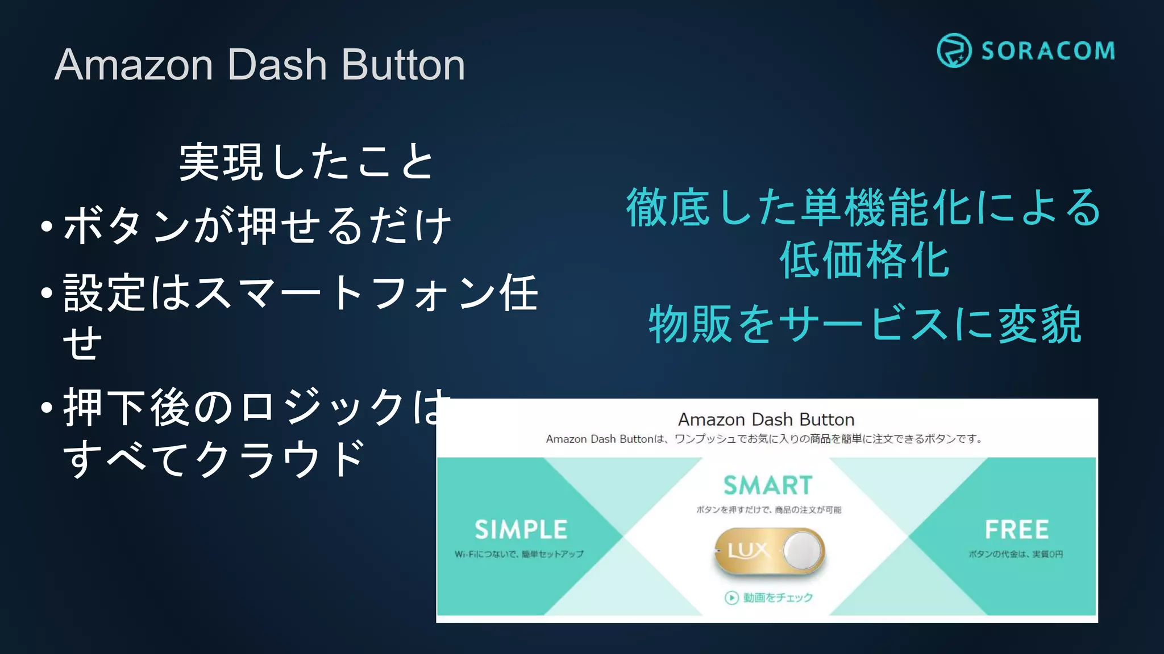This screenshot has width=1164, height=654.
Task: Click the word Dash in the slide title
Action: pyautogui.click(x=277, y=65)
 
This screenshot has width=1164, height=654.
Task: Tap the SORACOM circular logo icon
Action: pyautogui.click(x=954, y=51)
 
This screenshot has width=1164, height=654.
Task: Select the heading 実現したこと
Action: pyautogui.click(x=307, y=162)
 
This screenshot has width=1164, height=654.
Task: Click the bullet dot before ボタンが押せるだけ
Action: pyautogui.click(x=47, y=227)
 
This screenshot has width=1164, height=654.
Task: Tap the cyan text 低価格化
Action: pyautogui.click(x=864, y=260)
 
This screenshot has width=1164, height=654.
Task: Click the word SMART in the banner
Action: pyautogui.click(x=768, y=485)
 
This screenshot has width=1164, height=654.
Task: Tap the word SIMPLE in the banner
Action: pyautogui.click(x=521, y=530)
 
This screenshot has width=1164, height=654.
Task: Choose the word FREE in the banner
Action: pyautogui.click(x=1016, y=530)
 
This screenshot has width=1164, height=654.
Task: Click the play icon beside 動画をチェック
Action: pyautogui.click(x=731, y=598)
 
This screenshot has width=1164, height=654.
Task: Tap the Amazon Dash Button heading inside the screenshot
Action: pyautogui.click(x=766, y=420)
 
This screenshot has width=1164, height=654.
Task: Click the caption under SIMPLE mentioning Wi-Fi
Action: pyautogui.click(x=519, y=554)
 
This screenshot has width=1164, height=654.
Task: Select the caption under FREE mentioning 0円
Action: pyautogui.click(x=1016, y=554)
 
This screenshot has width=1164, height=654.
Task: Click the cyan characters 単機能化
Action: pyautogui.click(x=887, y=208)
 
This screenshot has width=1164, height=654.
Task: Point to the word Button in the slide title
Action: pyautogui.click(x=403, y=65)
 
